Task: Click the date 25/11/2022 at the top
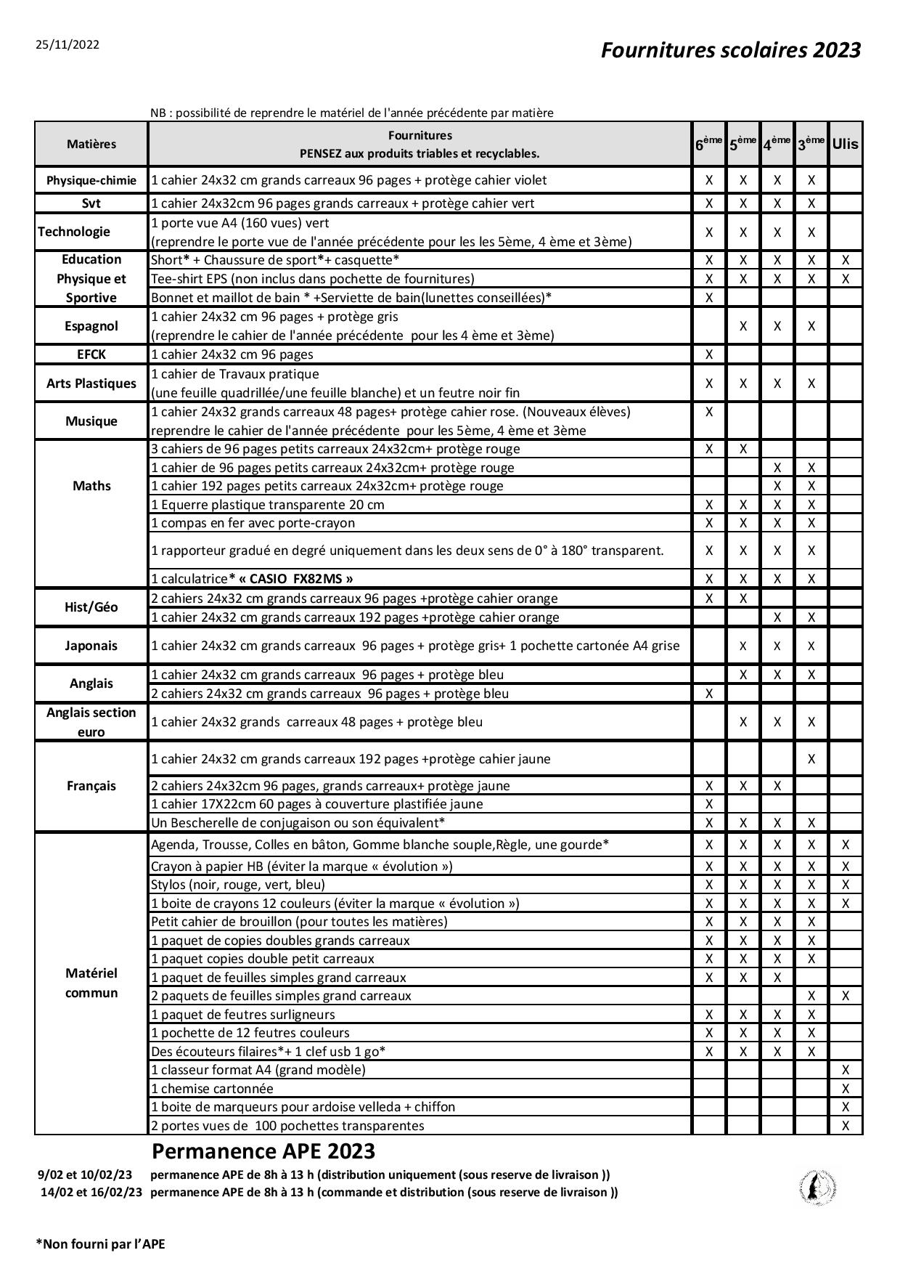67,45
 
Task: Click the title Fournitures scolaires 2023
730,50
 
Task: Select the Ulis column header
845,144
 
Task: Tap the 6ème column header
709,144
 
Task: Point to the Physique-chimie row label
91,181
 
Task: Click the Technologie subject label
74,232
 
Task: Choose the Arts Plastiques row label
91,384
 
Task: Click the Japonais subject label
91,646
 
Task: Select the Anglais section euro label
91,722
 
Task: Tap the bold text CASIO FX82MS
296,579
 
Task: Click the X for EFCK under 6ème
709,354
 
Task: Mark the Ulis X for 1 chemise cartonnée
845,1088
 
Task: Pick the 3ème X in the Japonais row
811,646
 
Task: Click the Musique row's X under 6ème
709,412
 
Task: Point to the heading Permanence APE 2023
263,1151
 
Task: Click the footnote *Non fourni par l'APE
101,1244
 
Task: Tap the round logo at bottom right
817,1188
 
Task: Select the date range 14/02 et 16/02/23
91,1192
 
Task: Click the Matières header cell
91,144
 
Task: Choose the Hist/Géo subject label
91,607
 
